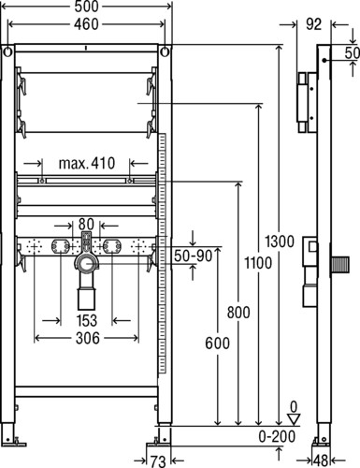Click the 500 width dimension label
tap(86, 7)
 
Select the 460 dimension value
tap(86, 24)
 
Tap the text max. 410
tap(87, 163)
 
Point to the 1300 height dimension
tap(280, 241)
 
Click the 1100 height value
tap(258, 263)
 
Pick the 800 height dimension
tap(238, 313)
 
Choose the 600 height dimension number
tap(217, 344)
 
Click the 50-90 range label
tap(194, 256)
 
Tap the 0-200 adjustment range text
tap(277, 436)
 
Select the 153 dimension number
tap(87, 320)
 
